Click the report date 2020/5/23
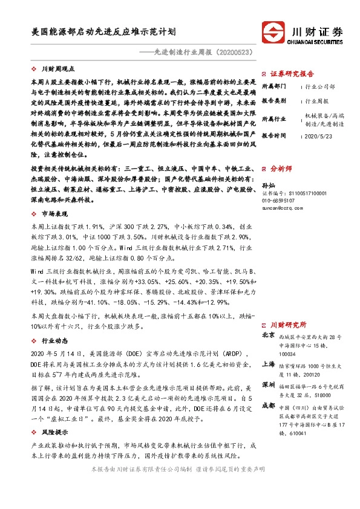[318, 136]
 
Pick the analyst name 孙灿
[269, 185]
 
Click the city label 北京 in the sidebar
[268, 335]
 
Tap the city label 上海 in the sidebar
[268, 365]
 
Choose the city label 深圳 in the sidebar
[268, 384]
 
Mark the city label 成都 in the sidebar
[268, 406]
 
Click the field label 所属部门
[272, 87]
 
